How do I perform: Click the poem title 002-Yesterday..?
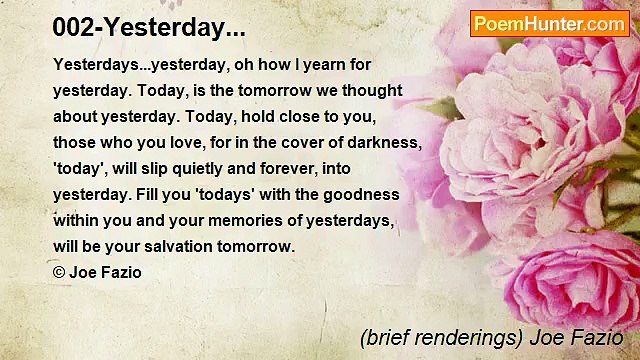tap(149, 28)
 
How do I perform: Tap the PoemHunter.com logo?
tap(549, 24)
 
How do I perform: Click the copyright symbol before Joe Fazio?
tap(58, 272)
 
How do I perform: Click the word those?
tap(74, 142)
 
